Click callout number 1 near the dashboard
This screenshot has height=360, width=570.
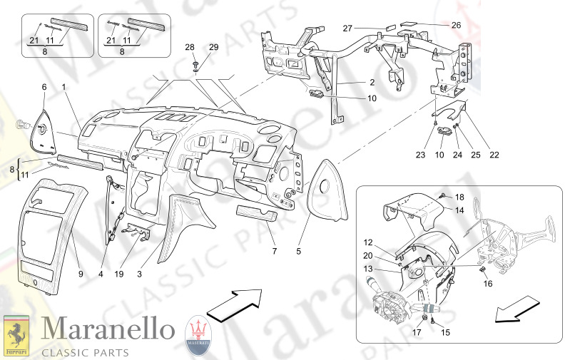click(x=63, y=87)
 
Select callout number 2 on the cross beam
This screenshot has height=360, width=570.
click(x=352, y=83)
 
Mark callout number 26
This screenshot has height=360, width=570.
click(x=457, y=25)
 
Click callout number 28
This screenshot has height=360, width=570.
click(x=190, y=47)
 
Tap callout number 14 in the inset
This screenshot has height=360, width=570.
click(x=459, y=210)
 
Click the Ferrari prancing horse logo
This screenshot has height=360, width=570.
click(x=16, y=335)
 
